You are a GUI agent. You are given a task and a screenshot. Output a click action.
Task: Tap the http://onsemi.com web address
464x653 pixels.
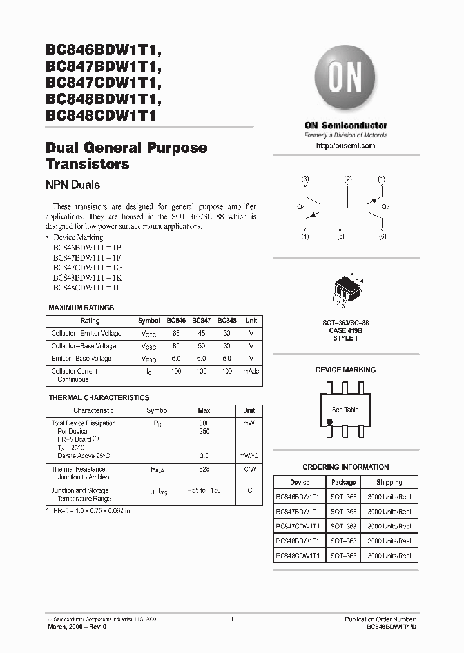[x=346, y=146]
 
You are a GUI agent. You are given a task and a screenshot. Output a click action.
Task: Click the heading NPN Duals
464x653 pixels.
[x=73, y=185]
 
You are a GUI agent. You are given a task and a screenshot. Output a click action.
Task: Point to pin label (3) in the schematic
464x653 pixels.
[x=305, y=179]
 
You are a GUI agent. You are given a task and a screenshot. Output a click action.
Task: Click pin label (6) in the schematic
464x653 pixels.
[x=382, y=237]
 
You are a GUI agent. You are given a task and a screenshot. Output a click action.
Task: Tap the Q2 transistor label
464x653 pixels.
[x=385, y=207]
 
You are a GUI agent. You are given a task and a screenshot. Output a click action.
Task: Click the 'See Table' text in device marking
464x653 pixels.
[x=345, y=410]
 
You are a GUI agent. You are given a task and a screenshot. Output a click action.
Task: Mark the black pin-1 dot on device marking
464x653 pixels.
[x=329, y=422]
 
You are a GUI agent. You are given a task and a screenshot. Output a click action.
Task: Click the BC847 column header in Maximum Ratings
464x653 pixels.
[x=202, y=321]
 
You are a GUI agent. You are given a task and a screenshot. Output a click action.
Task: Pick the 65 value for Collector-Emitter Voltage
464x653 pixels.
[x=176, y=334]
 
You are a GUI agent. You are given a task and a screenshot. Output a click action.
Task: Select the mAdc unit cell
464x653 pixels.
[x=251, y=372]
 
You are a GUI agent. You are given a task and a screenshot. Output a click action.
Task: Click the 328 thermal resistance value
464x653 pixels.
[x=204, y=469]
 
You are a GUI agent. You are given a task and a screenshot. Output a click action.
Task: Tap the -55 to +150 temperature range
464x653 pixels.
[x=204, y=491]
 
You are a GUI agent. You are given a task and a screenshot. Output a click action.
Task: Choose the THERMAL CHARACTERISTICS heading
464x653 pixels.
[x=99, y=398]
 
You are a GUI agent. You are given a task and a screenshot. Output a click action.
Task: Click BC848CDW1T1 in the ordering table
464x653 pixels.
[x=300, y=556]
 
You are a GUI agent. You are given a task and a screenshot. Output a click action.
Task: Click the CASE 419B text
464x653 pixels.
[x=345, y=330]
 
